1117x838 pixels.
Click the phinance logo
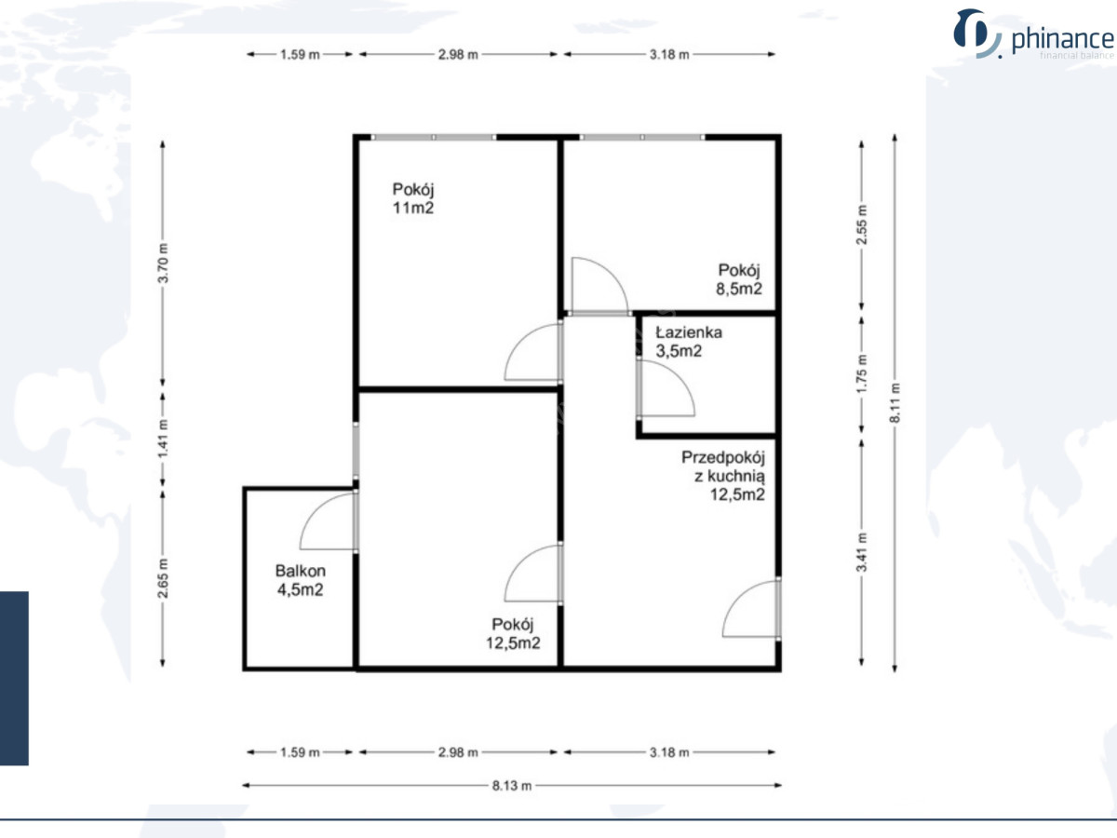[1033, 34]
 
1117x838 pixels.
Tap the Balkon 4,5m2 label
[301, 580]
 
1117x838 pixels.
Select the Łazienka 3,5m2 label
[689, 342]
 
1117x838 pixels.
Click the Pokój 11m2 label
[413, 198]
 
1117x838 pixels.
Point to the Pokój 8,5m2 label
[739, 279]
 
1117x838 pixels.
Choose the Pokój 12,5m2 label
[513, 633]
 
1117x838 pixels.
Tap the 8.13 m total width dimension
[512, 786]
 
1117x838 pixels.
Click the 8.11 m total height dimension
[895, 402]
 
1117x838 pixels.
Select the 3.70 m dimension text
[163, 263]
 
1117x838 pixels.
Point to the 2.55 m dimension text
[862, 224]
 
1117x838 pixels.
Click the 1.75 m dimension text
[862, 374]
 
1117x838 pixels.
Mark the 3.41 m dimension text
[862, 552]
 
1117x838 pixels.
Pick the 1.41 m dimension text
[163, 438]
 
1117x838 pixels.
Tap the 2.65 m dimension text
[163, 578]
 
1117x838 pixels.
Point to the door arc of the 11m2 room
[519, 342]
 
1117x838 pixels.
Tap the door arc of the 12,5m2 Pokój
[519, 563]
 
